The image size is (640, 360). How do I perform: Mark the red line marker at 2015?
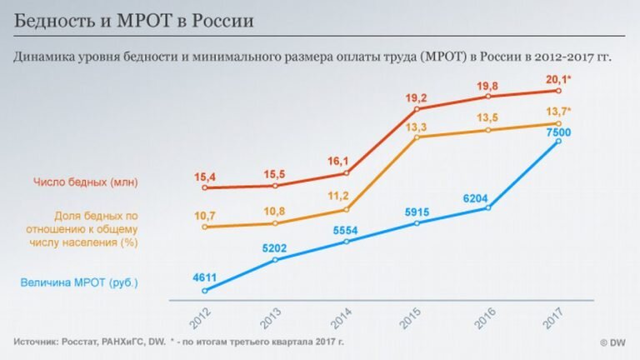(417, 109)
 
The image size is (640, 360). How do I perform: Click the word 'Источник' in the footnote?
(41, 342)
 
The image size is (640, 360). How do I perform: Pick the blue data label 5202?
(274, 247)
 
